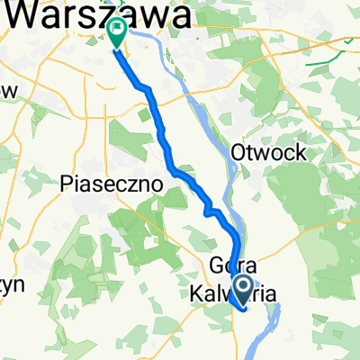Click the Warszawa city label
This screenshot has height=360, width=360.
[x=103, y=14]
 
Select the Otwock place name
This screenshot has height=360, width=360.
[x=270, y=152]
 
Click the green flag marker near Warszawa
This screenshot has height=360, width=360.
[x=117, y=33]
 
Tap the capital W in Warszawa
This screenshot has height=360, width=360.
[x=29, y=14]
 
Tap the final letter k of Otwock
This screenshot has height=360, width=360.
[x=302, y=152]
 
